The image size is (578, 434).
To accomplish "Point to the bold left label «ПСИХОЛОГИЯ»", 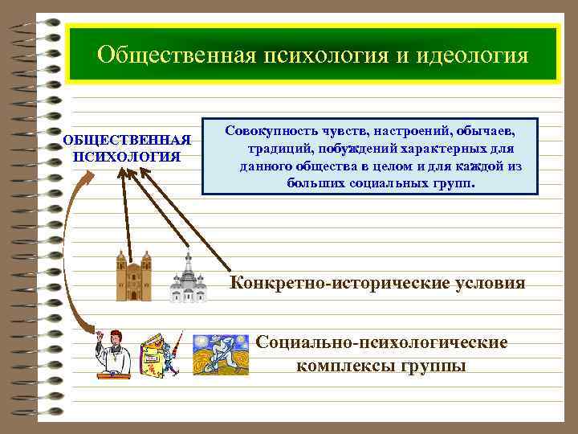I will (x=127, y=156).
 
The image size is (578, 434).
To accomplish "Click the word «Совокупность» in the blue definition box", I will (x=271, y=129).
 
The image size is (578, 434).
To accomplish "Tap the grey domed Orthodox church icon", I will (x=189, y=279).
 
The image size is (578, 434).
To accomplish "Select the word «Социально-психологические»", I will (x=381, y=342).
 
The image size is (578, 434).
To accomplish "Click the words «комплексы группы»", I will (x=381, y=366).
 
